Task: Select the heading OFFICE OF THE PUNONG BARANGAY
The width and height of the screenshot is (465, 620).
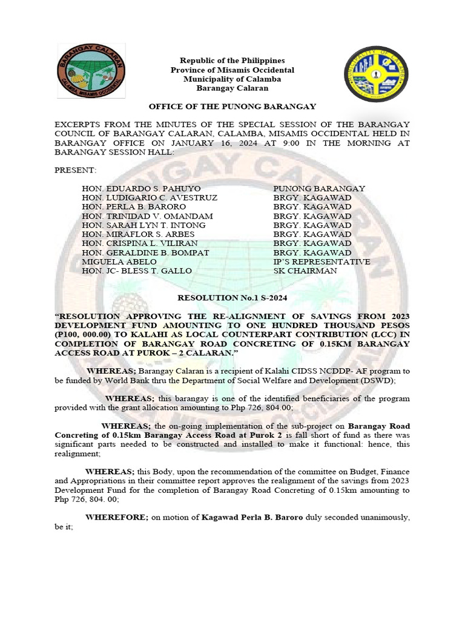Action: tap(232, 106)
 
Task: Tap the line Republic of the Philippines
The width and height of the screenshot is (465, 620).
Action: tap(232, 61)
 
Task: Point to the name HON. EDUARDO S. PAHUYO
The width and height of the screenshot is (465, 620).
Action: tap(141, 189)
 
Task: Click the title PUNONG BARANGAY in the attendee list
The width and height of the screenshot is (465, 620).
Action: tap(319, 189)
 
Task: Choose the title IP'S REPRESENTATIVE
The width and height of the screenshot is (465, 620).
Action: tap(322, 262)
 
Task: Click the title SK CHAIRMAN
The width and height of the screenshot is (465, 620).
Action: tap(305, 271)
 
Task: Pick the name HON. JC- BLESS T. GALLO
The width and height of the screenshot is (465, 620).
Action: tap(137, 271)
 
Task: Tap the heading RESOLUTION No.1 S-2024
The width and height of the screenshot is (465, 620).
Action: tap(232, 298)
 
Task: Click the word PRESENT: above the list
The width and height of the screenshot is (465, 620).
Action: tap(71, 171)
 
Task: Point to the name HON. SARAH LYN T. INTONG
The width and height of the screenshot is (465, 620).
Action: tap(143, 225)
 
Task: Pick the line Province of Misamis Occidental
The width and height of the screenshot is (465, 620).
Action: tap(232, 70)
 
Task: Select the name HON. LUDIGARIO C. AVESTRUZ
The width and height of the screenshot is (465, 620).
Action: tap(150, 198)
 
